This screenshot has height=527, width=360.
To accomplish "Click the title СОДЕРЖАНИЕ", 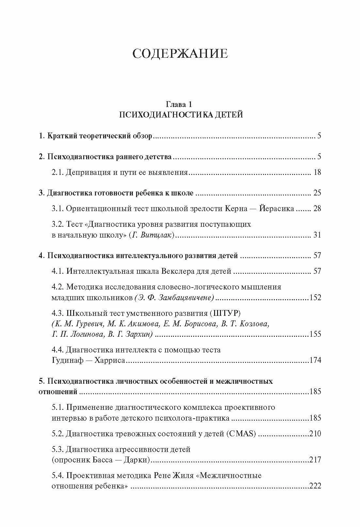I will [180, 54].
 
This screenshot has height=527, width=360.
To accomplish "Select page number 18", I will [317, 172].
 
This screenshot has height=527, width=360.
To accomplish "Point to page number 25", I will [317, 193].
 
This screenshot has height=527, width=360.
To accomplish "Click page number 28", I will [317, 209].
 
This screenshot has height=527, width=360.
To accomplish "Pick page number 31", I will [317, 235].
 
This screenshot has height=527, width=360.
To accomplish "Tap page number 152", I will [315, 297].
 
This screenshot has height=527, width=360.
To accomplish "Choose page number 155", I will [315, 334].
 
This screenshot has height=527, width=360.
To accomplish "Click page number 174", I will [315, 360].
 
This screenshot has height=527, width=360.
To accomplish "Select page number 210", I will [315, 433].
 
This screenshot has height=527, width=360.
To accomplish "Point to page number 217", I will [315, 460].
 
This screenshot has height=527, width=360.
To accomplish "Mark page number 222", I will [315, 486].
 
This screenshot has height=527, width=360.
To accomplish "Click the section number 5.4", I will [58, 475].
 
